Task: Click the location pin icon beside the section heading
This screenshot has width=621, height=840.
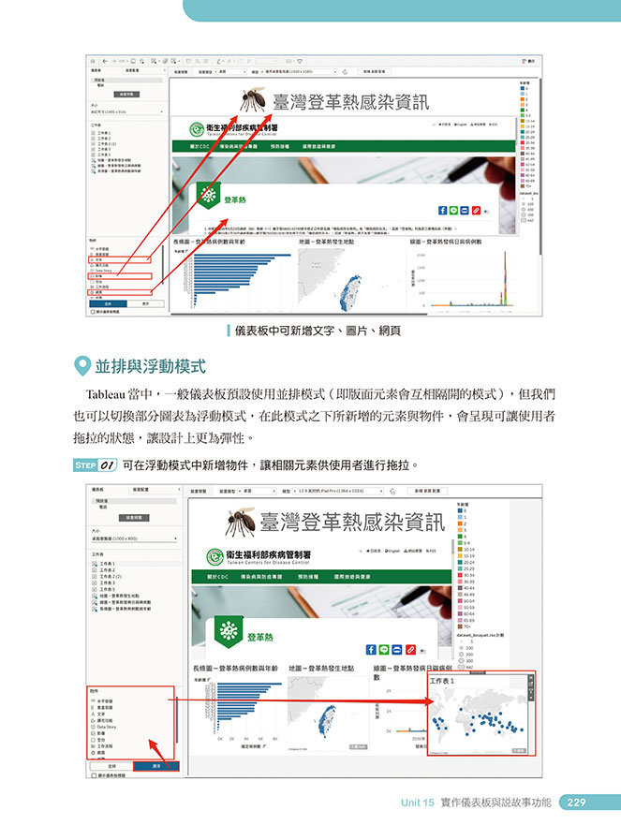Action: click(81, 365)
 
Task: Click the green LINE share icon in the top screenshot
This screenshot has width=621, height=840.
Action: click(453, 211)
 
